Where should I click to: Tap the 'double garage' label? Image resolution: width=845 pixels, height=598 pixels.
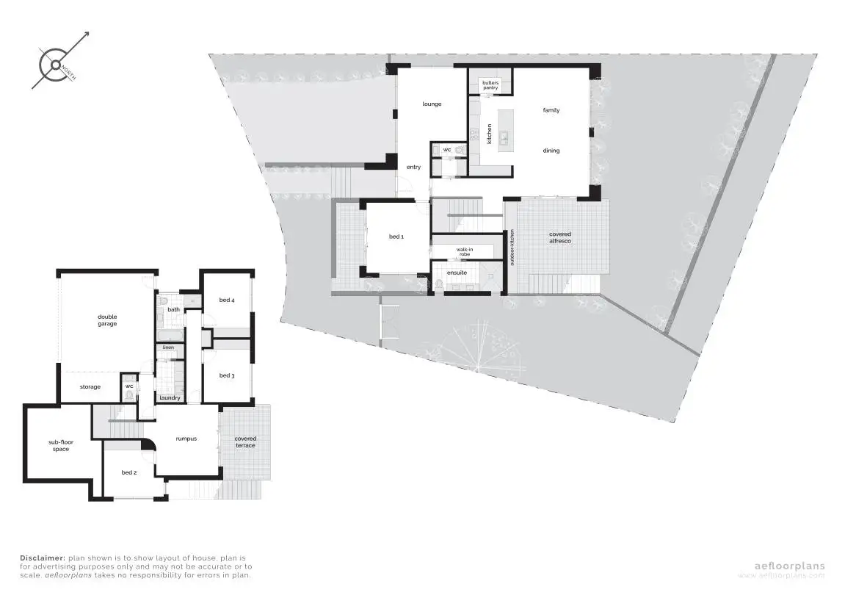tap(107, 320)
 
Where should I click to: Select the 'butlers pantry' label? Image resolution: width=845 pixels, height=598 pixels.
tap(490, 85)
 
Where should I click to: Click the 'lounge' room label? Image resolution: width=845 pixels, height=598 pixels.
tap(432, 104)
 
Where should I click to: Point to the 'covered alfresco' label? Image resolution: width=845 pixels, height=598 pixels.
tap(560, 237)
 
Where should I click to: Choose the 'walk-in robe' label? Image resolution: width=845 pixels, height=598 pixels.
tap(464, 252)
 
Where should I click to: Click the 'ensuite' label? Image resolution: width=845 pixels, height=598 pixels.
tap(457, 273)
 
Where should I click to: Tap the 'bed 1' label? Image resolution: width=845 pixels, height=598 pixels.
tap(396, 237)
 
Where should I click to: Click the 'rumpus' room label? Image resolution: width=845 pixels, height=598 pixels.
tap(186, 439)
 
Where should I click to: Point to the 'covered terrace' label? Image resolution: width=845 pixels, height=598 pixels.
tap(245, 442)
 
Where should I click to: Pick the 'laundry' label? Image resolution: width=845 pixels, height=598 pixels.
tap(170, 398)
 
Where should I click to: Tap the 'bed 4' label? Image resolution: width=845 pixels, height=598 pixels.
tap(227, 300)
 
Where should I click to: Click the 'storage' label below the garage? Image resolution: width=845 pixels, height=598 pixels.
tap(90, 387)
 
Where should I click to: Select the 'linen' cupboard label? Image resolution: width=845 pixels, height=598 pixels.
tap(168, 347)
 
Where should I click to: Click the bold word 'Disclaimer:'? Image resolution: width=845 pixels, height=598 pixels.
tap(43, 558)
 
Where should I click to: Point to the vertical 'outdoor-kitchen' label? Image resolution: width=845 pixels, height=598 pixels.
tap(512, 248)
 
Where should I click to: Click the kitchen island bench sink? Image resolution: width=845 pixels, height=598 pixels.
tap(505, 136)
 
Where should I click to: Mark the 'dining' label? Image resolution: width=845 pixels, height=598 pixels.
tap(551, 151)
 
